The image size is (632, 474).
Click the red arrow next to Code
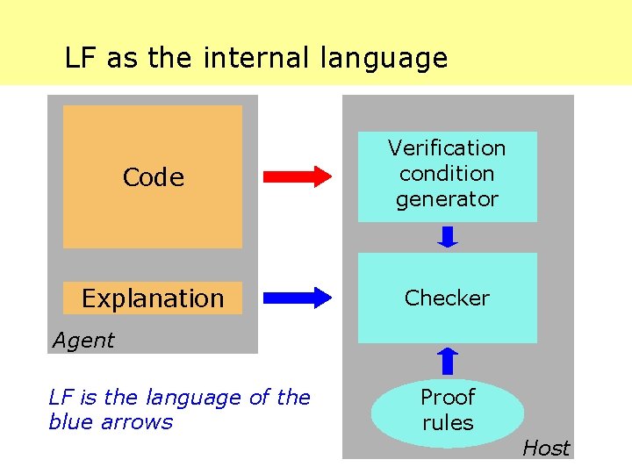click(x=298, y=176)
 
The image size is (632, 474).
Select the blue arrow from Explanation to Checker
click(x=298, y=298)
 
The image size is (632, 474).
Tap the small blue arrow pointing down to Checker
click(x=448, y=237)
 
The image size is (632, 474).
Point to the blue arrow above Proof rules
click(x=448, y=360)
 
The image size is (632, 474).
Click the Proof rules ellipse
click(x=448, y=411)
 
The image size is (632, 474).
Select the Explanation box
click(x=153, y=298)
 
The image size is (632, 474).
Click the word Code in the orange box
click(x=153, y=177)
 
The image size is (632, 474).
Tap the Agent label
click(x=83, y=341)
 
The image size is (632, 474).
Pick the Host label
click(x=546, y=448)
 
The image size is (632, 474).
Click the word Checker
click(x=447, y=298)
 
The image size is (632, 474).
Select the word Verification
click(x=447, y=147)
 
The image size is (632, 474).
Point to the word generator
click(x=447, y=199)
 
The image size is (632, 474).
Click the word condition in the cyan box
click(x=447, y=173)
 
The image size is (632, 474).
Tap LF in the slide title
click(x=80, y=58)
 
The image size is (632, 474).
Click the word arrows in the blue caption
click(x=136, y=422)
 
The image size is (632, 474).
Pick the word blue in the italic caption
click(x=69, y=422)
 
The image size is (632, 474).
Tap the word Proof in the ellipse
click(x=448, y=398)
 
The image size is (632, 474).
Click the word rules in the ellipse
click(x=448, y=423)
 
